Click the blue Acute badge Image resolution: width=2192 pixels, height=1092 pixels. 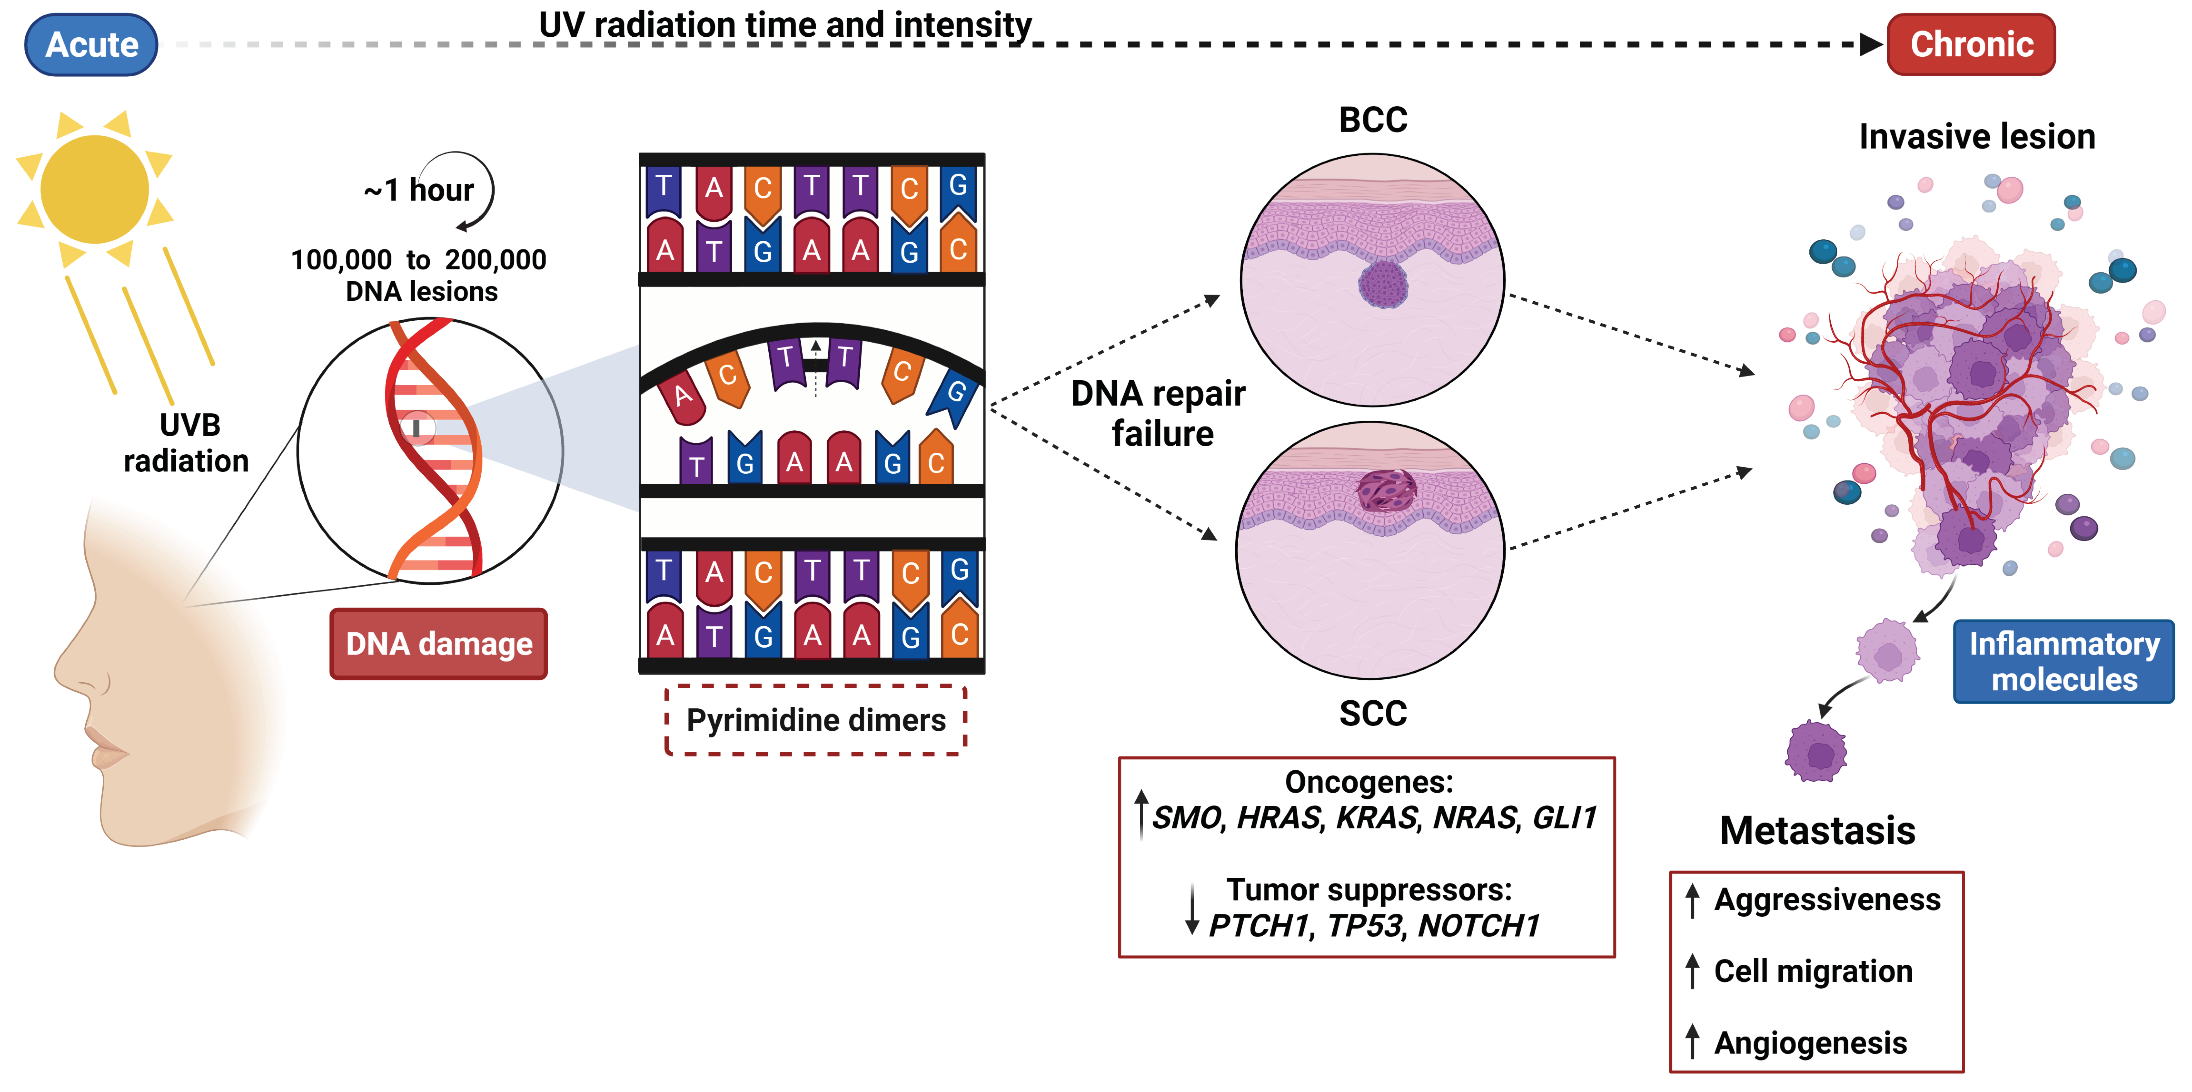[x=91, y=44]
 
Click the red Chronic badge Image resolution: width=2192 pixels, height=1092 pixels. [x=1971, y=44]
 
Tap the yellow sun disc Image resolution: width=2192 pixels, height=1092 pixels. [x=94, y=189]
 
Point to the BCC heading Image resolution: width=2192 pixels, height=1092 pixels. [x=1373, y=120]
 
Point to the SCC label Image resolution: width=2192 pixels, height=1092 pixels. [x=1373, y=713]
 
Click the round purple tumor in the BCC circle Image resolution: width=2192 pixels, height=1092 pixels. [x=1383, y=283]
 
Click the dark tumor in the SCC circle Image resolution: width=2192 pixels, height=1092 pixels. [x=1385, y=491]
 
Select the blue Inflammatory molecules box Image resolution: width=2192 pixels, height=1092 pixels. [x=2063, y=661]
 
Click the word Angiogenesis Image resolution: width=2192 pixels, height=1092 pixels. [x=1810, y=1043]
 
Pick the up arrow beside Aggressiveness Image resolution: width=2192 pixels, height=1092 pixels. [x=1692, y=900]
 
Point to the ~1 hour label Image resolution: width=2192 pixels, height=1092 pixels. [x=419, y=190]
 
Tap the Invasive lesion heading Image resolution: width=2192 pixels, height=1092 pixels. [x=1976, y=137]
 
